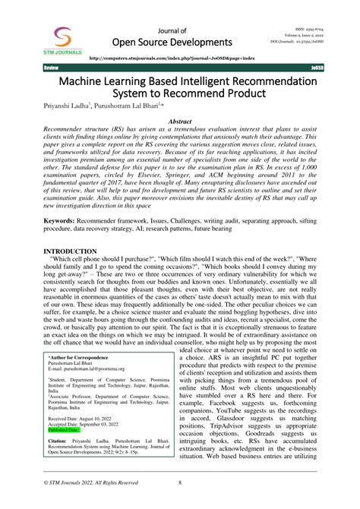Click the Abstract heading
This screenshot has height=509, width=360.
tap(179, 122)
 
